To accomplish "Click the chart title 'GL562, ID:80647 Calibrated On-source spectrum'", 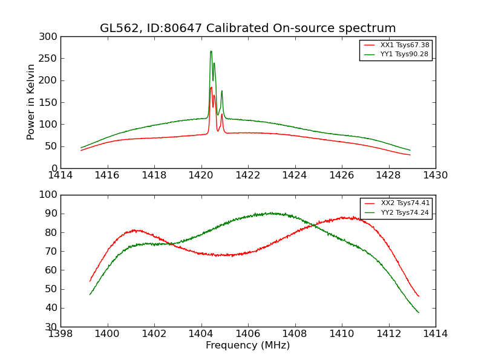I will point(247,28).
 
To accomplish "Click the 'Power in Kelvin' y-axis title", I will point(31,102).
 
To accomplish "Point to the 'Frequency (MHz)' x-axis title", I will point(247,345).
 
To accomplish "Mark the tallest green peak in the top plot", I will point(211,51).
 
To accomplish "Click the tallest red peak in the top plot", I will point(211,87).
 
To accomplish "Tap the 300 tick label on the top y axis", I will point(50,37).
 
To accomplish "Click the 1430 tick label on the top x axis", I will point(435,175).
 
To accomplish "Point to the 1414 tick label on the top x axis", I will point(60,175).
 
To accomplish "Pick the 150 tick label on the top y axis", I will point(50,102).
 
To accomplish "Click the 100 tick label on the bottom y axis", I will point(50,195).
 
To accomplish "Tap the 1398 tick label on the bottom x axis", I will point(60,334).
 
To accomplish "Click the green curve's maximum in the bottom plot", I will point(272,213).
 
